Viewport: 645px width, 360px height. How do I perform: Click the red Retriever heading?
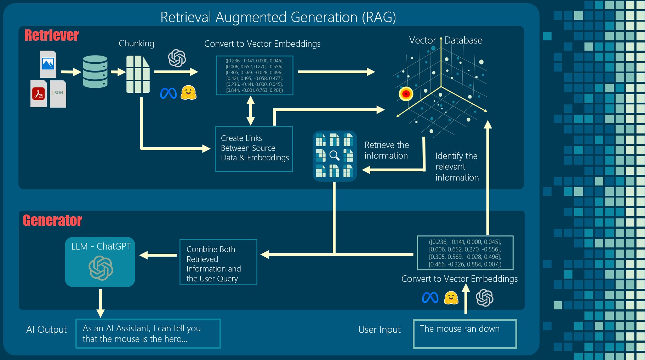click(x=52, y=35)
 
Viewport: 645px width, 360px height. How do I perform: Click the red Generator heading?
click(x=52, y=221)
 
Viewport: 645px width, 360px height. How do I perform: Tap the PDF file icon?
click(x=39, y=94)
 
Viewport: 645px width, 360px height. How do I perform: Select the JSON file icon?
click(x=58, y=94)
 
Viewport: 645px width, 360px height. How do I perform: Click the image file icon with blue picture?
click(x=48, y=64)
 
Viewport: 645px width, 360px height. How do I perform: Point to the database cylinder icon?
click(x=95, y=72)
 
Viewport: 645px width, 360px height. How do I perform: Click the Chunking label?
click(x=136, y=44)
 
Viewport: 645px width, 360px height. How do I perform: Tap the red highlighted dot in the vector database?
click(x=406, y=94)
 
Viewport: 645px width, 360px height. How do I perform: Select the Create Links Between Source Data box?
click(x=254, y=149)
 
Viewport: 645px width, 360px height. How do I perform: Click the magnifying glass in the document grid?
click(x=334, y=155)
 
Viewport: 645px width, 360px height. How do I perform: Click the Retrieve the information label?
click(x=387, y=150)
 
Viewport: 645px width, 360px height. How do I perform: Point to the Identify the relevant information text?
click(x=457, y=166)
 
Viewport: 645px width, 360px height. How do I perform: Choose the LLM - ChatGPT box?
click(x=100, y=262)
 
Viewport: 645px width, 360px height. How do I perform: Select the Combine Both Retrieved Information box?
click(x=218, y=262)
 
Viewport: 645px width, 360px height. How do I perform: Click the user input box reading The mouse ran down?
click(x=464, y=333)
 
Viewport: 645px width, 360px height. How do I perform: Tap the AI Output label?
click(x=46, y=330)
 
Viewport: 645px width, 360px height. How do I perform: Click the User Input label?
click(x=379, y=330)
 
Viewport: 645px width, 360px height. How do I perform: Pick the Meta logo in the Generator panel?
click(x=430, y=298)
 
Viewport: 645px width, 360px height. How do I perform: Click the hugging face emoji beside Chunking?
click(x=188, y=93)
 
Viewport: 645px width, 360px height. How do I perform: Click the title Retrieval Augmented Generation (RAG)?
click(x=278, y=17)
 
